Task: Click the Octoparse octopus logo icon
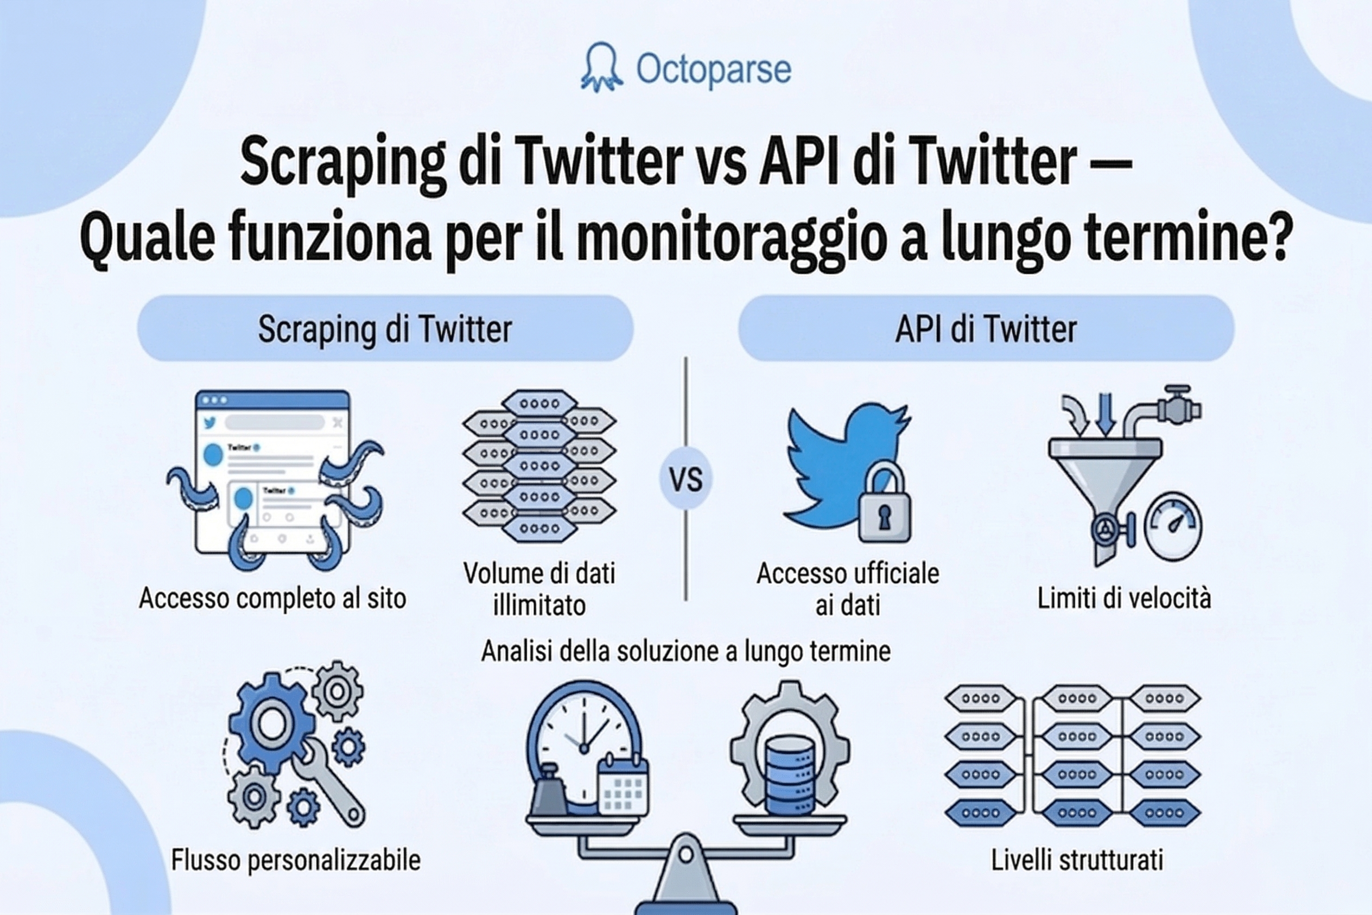pos(602,68)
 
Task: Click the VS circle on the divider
pos(685,479)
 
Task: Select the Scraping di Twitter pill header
pos(385,328)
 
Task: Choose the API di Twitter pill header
pos(986,328)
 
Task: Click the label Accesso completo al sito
pos(272,599)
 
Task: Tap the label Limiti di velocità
pos(1123,599)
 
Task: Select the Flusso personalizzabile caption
pos(295,860)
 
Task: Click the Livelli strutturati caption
pos(1077,860)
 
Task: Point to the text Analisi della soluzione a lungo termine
pos(685,651)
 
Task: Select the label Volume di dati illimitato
pos(539,589)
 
